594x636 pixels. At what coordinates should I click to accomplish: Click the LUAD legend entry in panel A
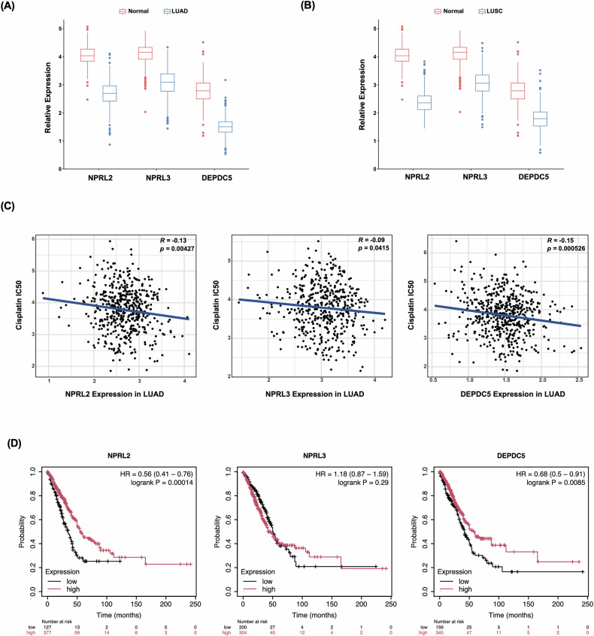[176, 11]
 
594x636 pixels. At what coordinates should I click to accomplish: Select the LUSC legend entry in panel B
[490, 11]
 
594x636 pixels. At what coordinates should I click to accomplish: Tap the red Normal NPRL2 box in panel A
[87, 55]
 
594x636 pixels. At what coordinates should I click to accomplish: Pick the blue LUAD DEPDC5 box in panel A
[225, 126]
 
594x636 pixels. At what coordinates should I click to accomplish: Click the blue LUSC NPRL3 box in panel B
[482, 83]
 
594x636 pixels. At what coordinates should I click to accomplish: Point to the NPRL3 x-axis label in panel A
[158, 177]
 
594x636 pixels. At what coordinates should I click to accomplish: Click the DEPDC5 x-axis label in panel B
[534, 177]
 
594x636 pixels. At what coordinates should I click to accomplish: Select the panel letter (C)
[8, 206]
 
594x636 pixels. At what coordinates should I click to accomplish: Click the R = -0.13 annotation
[173, 241]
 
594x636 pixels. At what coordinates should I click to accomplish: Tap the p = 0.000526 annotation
[566, 248]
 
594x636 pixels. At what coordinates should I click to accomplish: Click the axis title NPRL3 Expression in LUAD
[314, 394]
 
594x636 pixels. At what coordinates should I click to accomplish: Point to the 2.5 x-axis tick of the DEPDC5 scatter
[579, 380]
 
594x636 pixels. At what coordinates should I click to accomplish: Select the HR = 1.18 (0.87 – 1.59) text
[352, 474]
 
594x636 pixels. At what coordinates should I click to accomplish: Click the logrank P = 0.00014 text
[162, 483]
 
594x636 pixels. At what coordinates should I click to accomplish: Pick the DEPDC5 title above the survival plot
[511, 456]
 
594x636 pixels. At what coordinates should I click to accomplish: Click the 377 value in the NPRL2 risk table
[47, 632]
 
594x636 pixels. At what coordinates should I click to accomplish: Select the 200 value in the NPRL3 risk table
[243, 627]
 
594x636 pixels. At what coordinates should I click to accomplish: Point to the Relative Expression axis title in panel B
[362, 95]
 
